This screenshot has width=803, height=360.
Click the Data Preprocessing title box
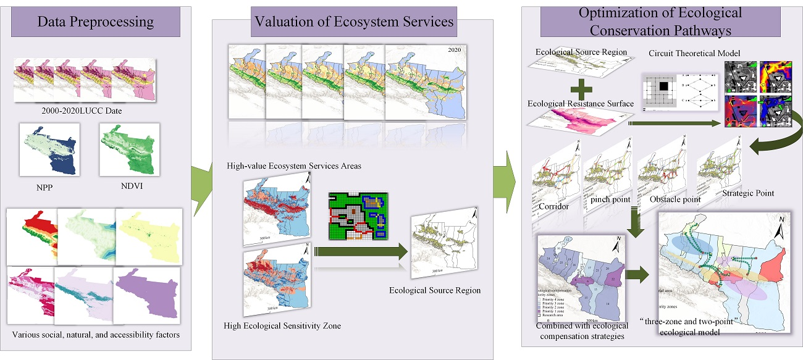(x=95, y=23)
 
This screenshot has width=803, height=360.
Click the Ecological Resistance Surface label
(x=581, y=103)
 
